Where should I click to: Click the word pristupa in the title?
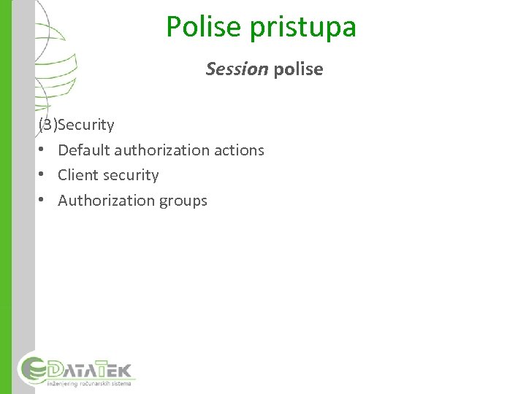(x=303, y=27)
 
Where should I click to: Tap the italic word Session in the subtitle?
(x=237, y=69)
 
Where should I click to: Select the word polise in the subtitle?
(x=297, y=69)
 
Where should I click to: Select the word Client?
(x=77, y=175)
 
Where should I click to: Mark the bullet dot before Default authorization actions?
(x=44, y=150)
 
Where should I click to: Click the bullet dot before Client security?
(x=44, y=175)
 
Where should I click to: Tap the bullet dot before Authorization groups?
(x=44, y=201)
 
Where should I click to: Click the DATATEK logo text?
(x=91, y=367)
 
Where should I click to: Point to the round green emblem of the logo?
(x=33, y=368)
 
